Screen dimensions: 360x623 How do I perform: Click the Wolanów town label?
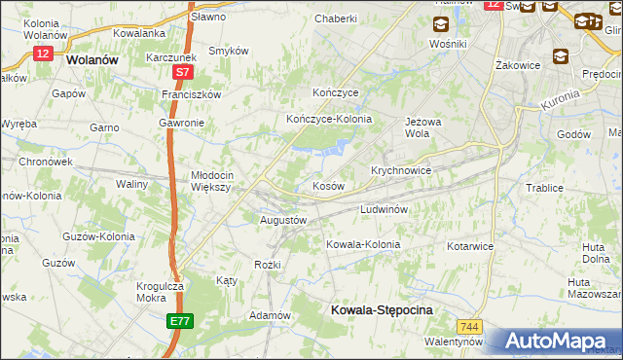94,58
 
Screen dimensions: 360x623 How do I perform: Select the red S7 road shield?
183,73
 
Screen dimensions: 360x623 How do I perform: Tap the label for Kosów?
328,185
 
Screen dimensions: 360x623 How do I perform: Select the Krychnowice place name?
401,169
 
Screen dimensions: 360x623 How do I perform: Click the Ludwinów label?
389,209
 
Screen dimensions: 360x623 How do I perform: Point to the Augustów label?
283,220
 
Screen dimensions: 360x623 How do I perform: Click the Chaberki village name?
336,18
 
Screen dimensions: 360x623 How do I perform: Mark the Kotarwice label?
470,246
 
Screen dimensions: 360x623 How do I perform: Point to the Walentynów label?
454,342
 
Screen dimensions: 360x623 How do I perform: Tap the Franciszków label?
192,94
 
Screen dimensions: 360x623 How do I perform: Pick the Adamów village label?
271,315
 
